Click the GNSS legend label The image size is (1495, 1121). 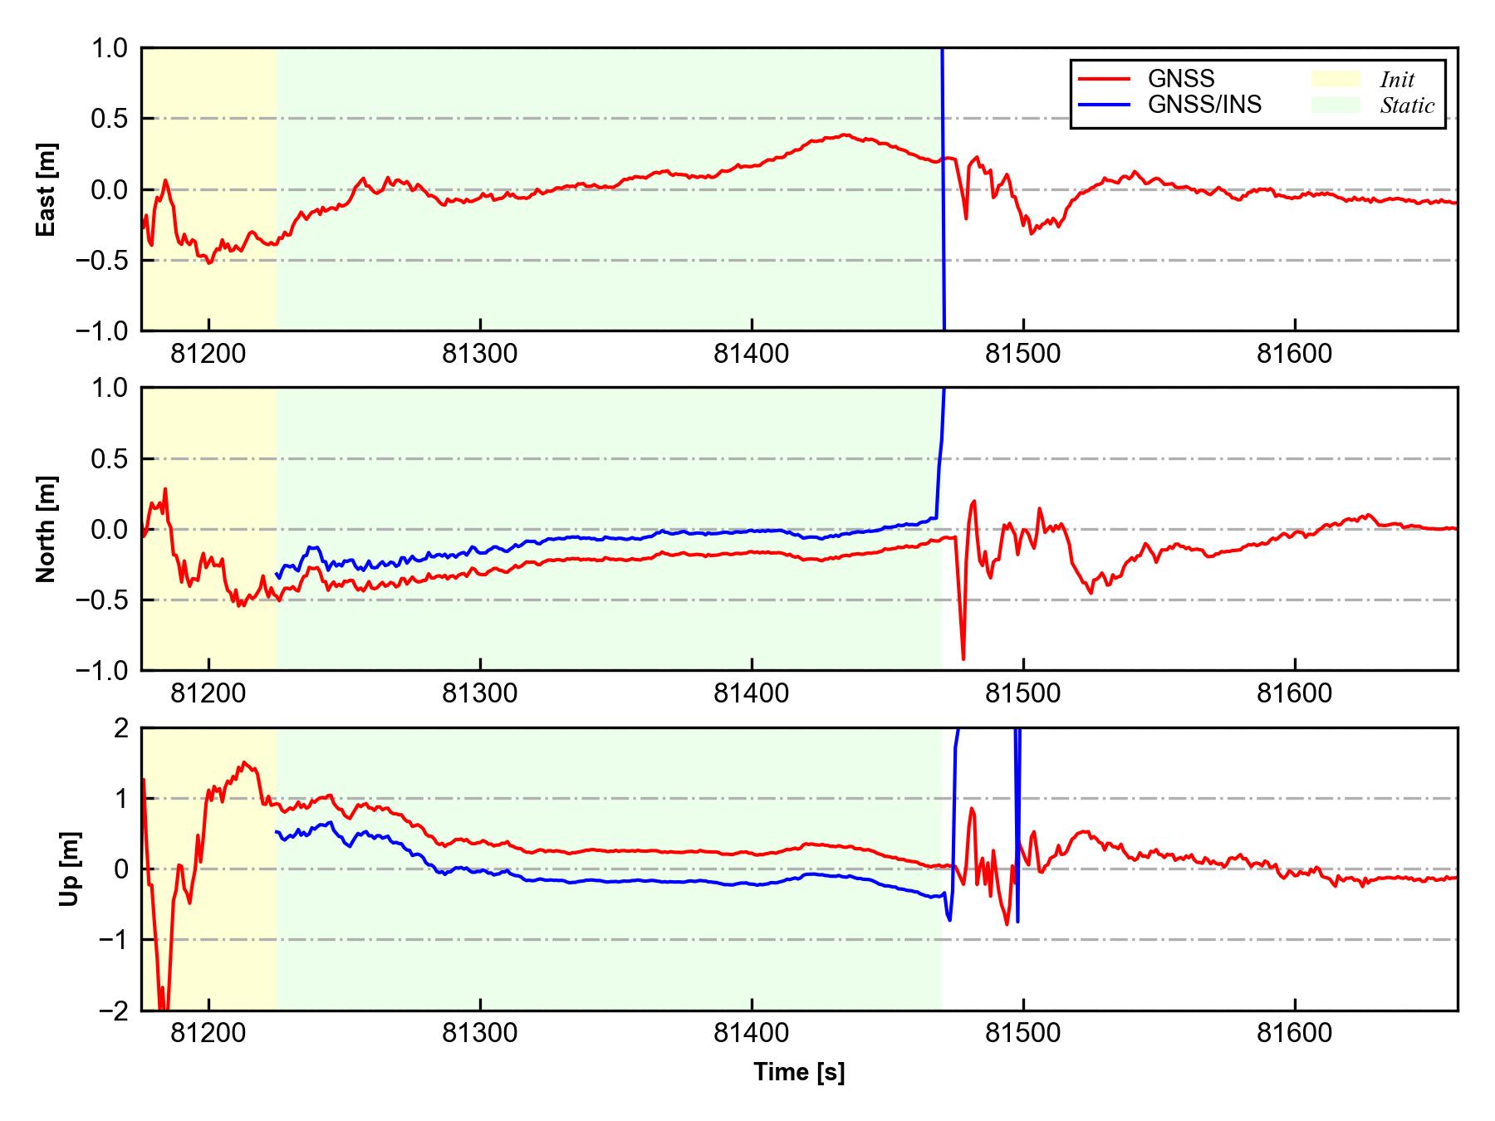click(x=1181, y=79)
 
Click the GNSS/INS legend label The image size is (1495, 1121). click(x=1204, y=105)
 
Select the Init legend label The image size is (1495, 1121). click(x=1397, y=80)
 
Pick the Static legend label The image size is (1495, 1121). click(x=1407, y=105)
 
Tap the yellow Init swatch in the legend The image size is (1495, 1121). click(x=1336, y=79)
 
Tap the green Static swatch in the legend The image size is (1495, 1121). click(x=1336, y=105)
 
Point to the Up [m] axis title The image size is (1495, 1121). click(x=70, y=869)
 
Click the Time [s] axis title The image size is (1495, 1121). click(x=799, y=1072)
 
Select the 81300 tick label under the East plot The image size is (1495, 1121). click(x=480, y=355)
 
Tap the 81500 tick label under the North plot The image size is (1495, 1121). click(x=1022, y=693)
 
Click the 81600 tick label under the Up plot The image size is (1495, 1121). click(x=1294, y=1034)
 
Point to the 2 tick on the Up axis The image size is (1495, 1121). click(x=122, y=728)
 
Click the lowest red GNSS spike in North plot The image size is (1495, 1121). click(x=963, y=659)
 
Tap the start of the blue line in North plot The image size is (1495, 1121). click(x=277, y=575)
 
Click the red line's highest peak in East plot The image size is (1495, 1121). click(x=846, y=135)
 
